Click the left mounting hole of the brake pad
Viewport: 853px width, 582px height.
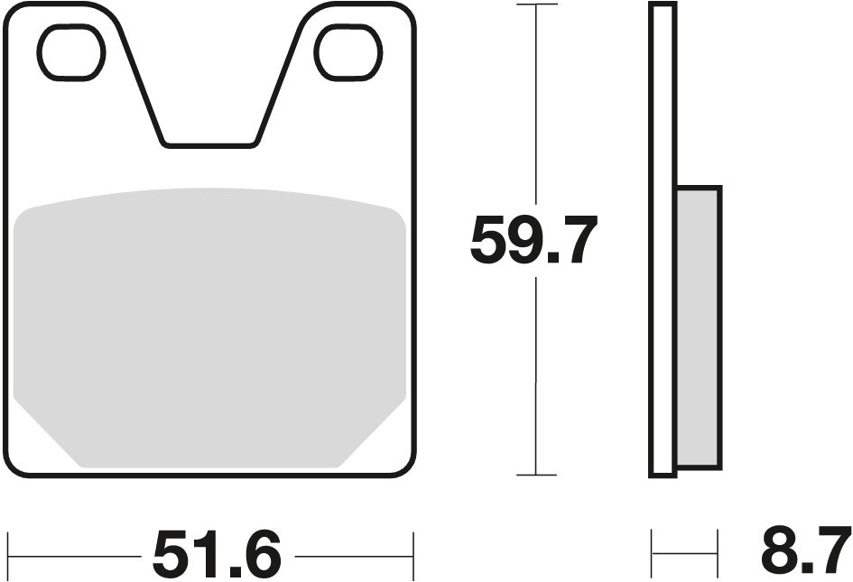click(71, 52)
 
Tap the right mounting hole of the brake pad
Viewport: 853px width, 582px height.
click(348, 52)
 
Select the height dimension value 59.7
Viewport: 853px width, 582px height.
click(533, 242)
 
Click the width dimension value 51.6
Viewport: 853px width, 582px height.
click(217, 554)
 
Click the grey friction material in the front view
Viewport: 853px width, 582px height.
click(209, 325)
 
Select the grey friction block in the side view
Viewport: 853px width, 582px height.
click(698, 327)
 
